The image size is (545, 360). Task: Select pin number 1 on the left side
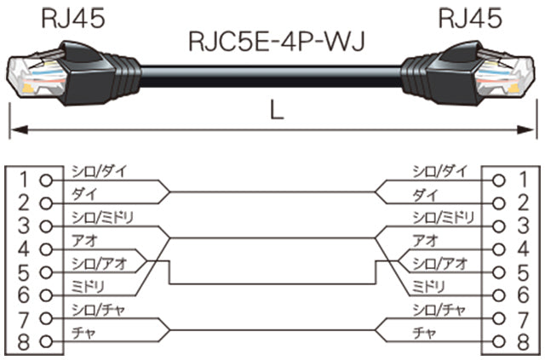[x=24, y=180]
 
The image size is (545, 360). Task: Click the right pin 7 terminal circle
[x=502, y=322]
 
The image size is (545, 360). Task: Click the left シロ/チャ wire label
[x=100, y=311]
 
